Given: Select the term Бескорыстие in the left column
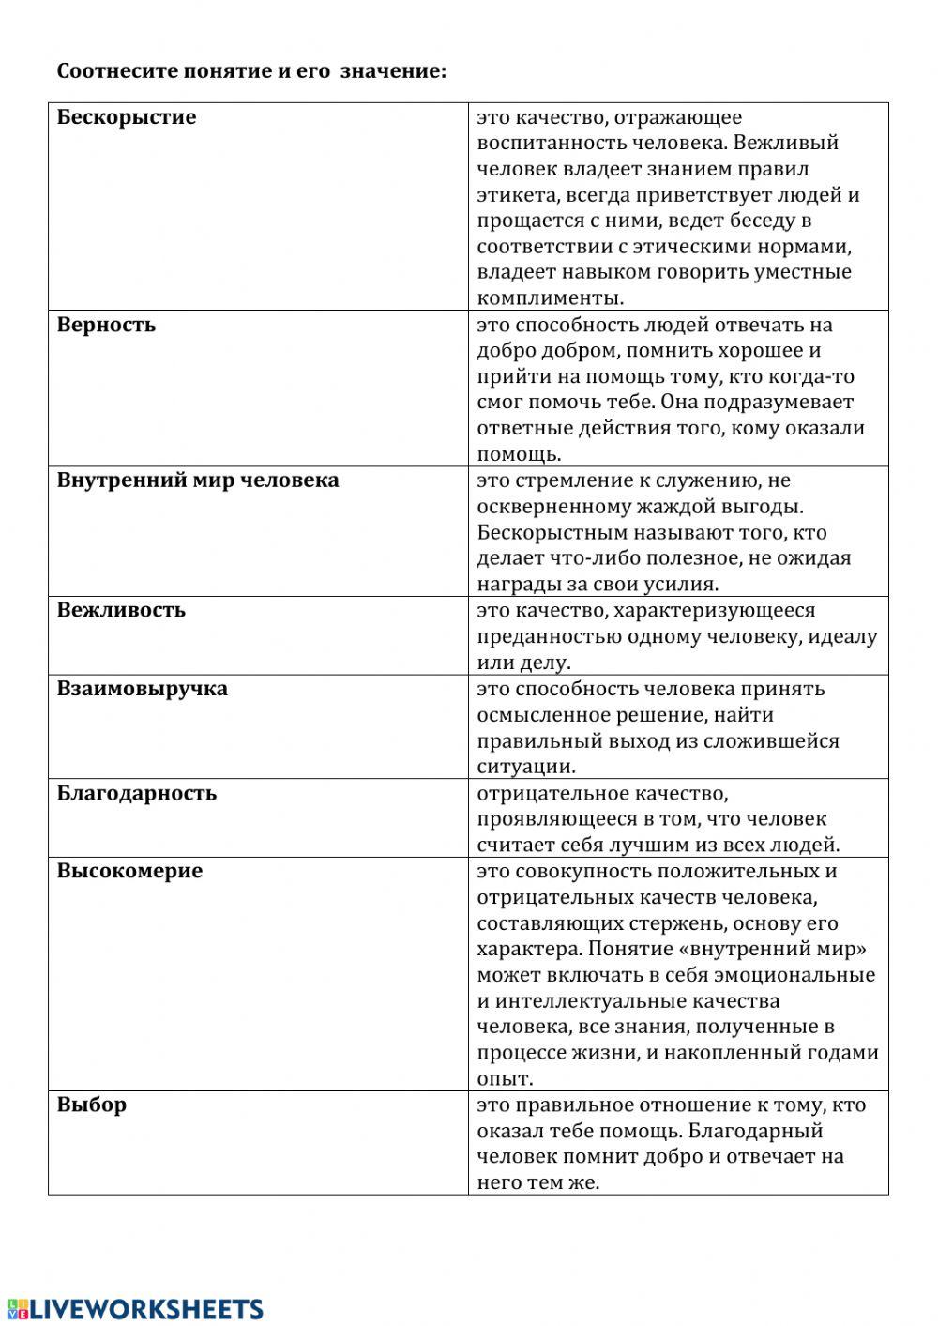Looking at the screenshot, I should (x=127, y=117).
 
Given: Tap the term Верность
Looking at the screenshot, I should (x=106, y=325).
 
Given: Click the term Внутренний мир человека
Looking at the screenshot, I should (x=198, y=480).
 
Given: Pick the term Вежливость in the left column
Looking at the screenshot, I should (x=121, y=610).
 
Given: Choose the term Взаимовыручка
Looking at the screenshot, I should (x=142, y=689).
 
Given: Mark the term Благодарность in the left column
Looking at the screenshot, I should (x=137, y=793).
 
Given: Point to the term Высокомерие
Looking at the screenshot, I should (x=129, y=871).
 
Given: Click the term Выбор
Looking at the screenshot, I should (x=91, y=1105).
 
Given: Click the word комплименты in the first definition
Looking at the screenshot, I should (x=550, y=298).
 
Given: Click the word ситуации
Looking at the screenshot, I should (x=525, y=767).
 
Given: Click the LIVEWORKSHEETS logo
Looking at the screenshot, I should (x=135, y=1309).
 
